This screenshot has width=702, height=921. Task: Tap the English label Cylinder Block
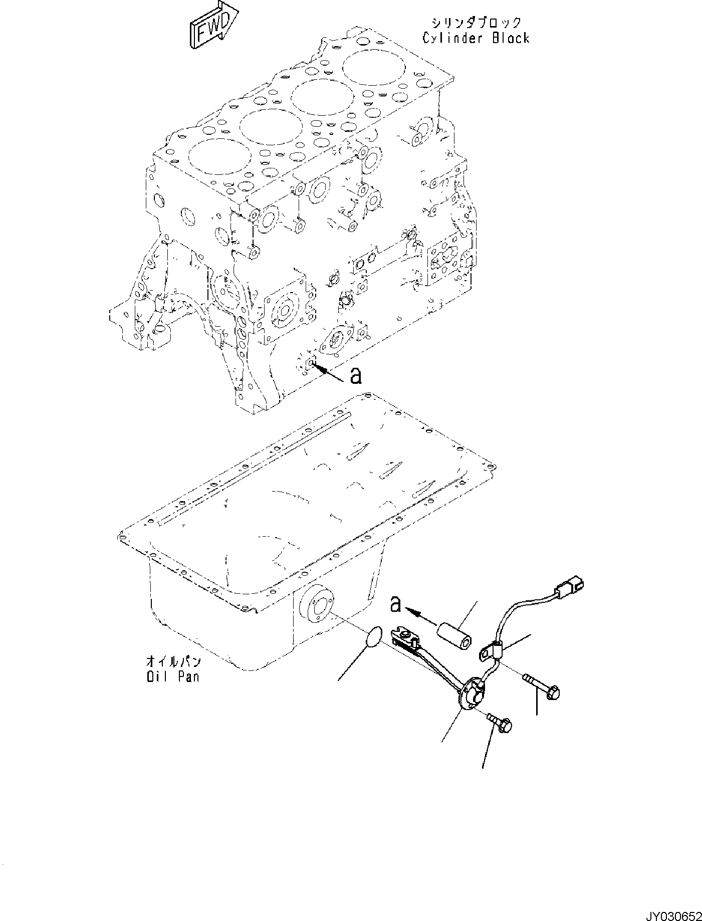point(476,38)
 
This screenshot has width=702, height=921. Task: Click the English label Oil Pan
point(173,676)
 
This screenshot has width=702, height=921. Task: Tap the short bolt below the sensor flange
point(499,723)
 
